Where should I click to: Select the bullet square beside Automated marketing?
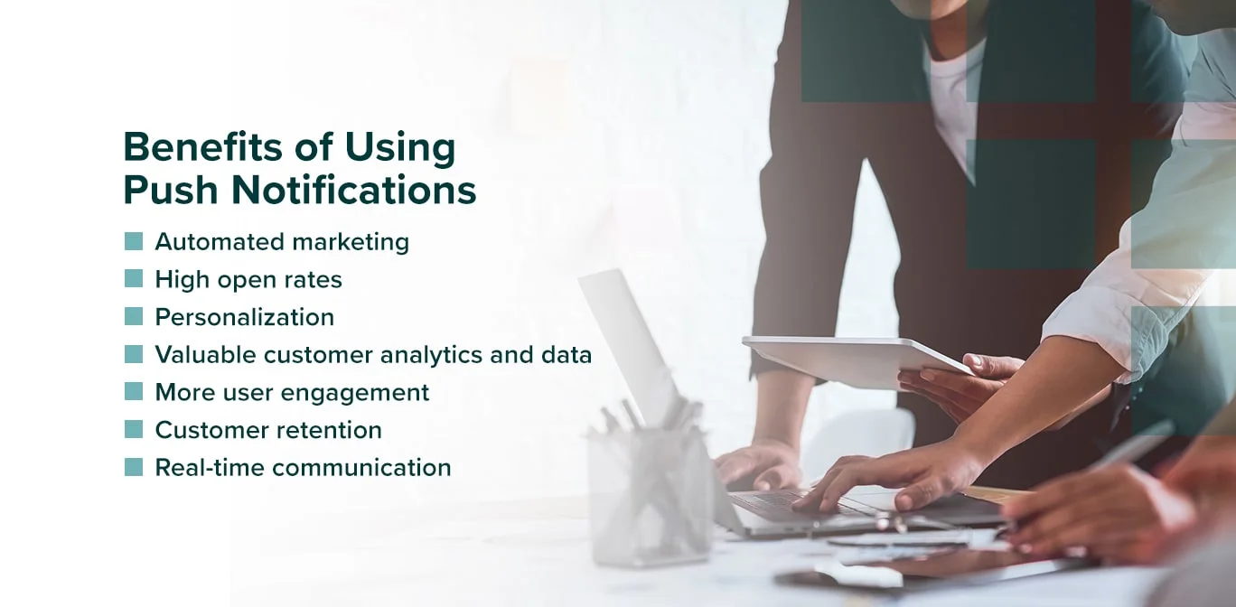pos(134,241)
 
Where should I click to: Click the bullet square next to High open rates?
pos(134,279)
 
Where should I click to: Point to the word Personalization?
pos(244,317)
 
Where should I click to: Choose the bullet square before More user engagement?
pos(134,392)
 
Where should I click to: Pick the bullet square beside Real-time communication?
pos(134,467)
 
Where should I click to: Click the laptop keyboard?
pos(777,507)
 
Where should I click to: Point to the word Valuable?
pos(205,355)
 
